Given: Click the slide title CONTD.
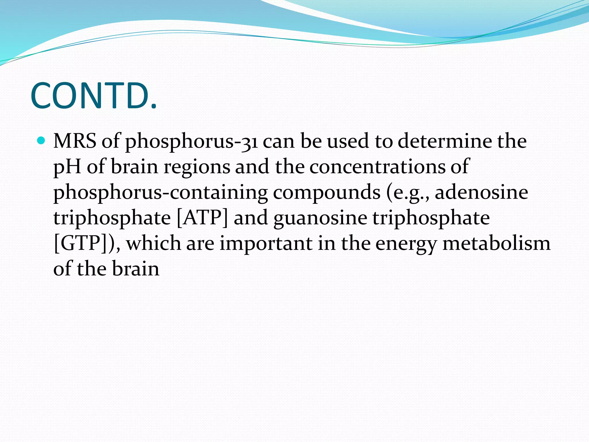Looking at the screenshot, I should tap(94, 96).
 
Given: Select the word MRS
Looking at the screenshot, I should tap(75, 141).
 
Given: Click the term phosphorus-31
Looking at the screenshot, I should tap(191, 142).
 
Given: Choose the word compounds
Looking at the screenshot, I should tap(327, 193).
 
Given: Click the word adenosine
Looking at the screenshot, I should tap(481, 192).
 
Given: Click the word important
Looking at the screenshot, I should tap(266, 243).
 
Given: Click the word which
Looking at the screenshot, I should tap(154, 243).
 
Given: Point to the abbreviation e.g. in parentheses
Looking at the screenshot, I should tap(408, 193).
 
